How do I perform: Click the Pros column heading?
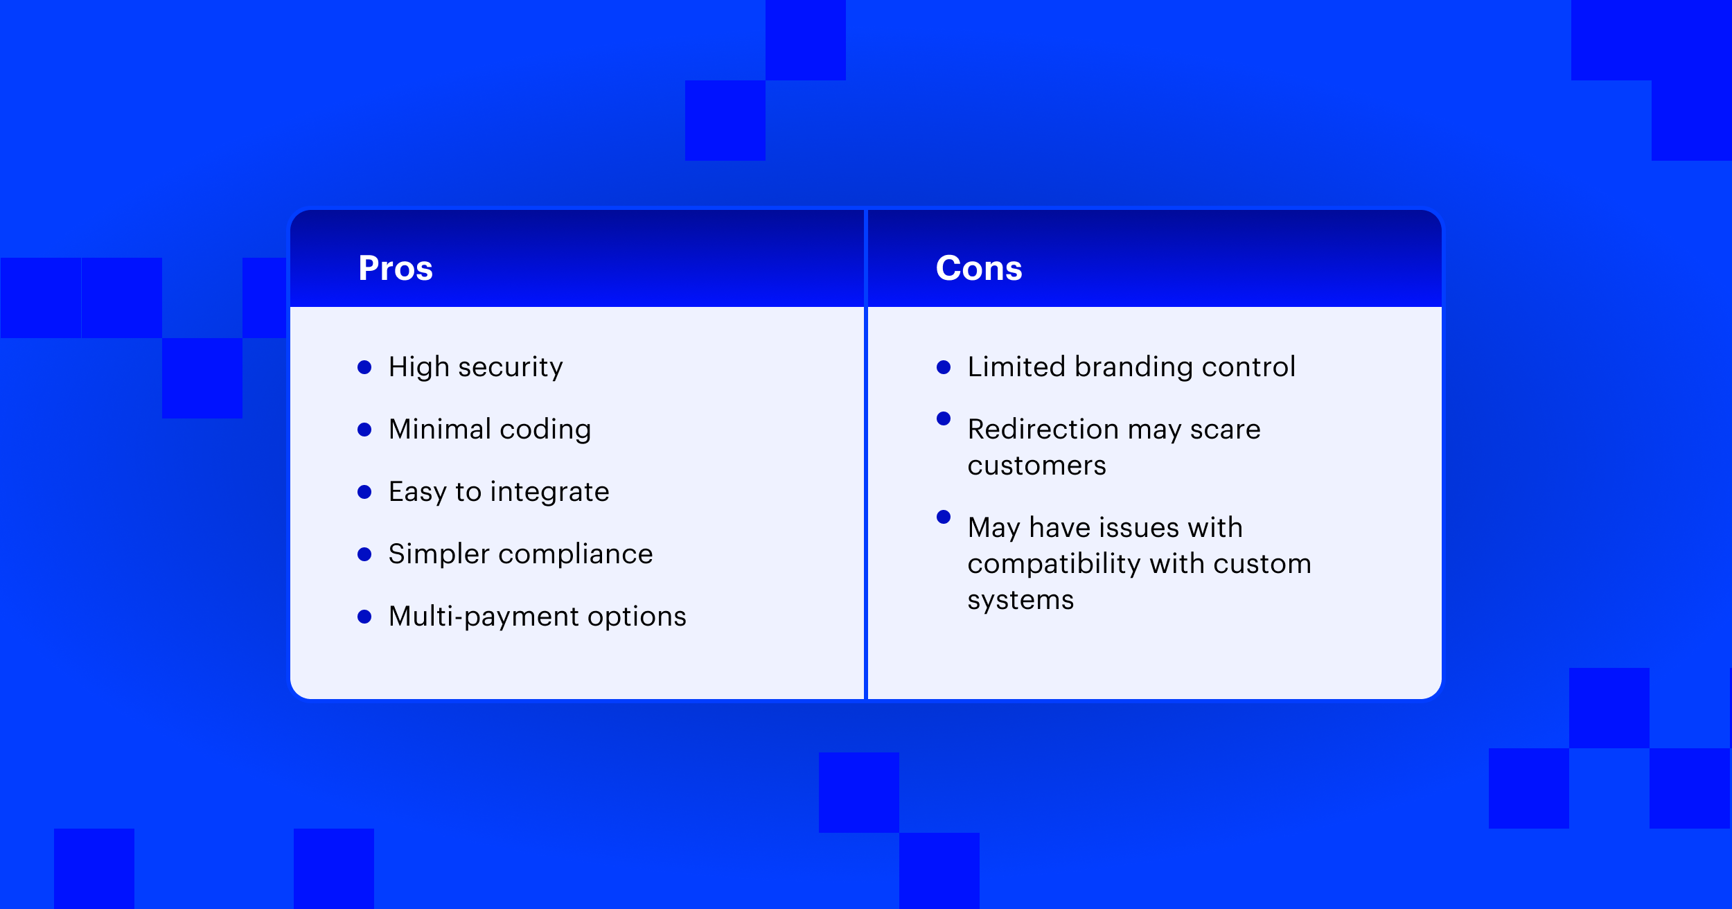click(396, 268)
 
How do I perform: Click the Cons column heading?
click(979, 268)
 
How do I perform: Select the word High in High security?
click(419, 367)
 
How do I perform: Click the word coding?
click(545, 430)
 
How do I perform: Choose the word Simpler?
click(439, 554)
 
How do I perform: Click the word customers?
click(1037, 466)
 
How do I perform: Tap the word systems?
click(1020, 600)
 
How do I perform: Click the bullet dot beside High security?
click(364, 367)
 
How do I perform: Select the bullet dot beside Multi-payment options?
click(364, 617)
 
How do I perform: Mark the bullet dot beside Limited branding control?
click(944, 367)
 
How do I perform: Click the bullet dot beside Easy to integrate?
click(364, 492)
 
